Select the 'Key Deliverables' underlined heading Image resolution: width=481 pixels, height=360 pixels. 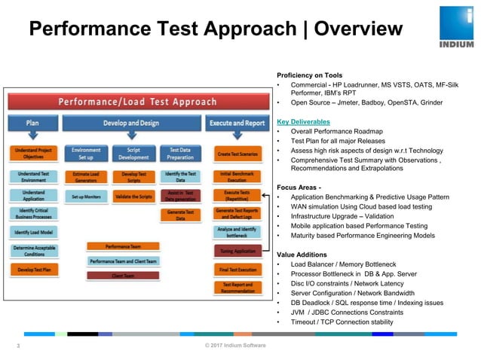click(303, 121)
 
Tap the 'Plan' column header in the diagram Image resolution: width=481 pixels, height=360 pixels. click(32, 123)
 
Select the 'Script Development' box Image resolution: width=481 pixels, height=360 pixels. click(133, 154)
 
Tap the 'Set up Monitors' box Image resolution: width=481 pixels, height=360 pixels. click(86, 197)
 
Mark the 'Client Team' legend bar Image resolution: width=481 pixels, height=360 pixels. click(122, 276)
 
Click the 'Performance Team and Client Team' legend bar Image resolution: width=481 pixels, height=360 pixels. click(122, 261)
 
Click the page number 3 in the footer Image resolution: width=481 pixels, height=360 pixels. click(18, 346)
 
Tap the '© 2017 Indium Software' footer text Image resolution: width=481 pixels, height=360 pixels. click(234, 346)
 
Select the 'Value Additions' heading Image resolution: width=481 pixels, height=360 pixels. click(304, 255)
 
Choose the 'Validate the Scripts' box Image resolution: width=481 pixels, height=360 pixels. click(133, 197)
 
